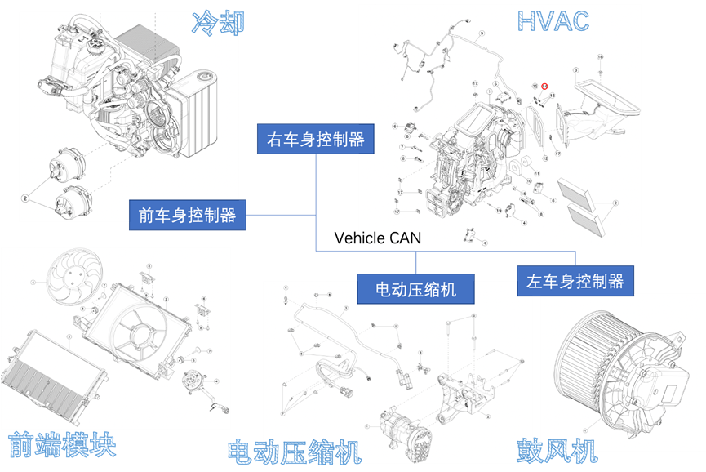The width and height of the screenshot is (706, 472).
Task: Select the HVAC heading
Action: coord(553,20)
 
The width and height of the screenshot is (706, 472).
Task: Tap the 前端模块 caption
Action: coord(62,445)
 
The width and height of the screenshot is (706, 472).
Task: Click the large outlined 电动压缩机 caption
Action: coord(294,452)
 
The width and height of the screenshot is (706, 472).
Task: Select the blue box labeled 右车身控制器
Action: coord(316,139)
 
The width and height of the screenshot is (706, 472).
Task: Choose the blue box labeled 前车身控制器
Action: coord(187,216)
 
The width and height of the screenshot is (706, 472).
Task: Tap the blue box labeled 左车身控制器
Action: coord(575,282)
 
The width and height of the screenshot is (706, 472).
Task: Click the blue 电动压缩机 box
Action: coord(415,289)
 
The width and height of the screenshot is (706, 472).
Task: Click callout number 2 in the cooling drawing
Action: coord(25,198)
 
